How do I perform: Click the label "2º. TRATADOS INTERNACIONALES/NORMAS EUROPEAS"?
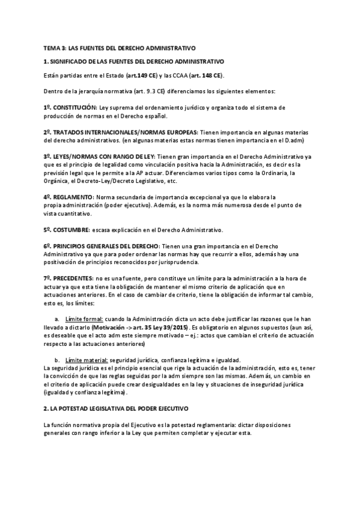(112, 132)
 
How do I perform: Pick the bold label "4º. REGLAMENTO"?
(68, 197)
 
